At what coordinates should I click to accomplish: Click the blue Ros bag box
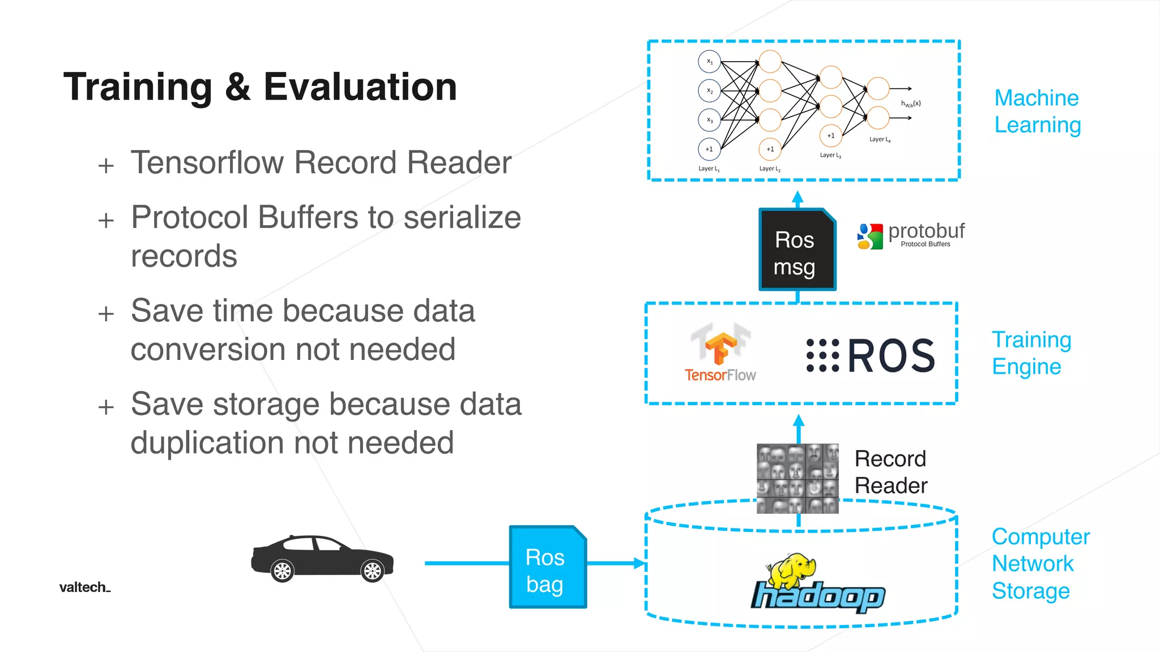548,567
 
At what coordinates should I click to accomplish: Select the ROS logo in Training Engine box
871,355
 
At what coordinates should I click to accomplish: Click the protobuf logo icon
870,236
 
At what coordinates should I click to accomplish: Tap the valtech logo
84,587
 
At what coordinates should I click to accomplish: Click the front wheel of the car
373,571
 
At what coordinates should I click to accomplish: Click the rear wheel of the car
282,571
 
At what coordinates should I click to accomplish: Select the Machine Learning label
1037,111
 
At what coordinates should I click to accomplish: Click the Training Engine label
1031,353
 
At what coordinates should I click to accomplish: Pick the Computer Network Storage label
1040,564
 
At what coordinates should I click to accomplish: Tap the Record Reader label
890,472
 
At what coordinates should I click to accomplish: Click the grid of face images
797,479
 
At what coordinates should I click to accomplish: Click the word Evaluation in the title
360,87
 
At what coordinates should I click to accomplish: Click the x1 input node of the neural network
709,62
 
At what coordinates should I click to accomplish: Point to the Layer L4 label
880,139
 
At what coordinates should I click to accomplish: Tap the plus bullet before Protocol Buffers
106,220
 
